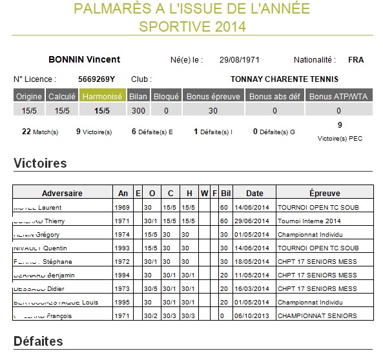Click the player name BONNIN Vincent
tap(84, 60)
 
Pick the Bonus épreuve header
tap(213, 97)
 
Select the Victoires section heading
tap(40, 164)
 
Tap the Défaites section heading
tap(38, 341)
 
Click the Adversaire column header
tap(61, 193)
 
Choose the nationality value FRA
tap(355, 60)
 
